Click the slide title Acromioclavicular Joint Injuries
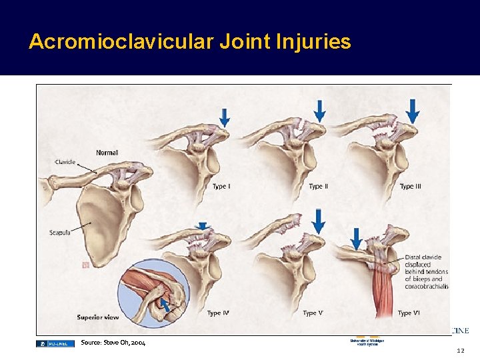pyautogui.click(x=189, y=42)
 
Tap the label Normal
pyautogui.click(x=107, y=153)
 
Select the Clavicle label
pyautogui.click(x=65, y=162)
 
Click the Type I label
pyautogui.click(x=221, y=187)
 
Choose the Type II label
pyautogui.click(x=318, y=187)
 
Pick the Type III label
pyautogui.click(x=410, y=187)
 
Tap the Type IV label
pyautogui.click(x=219, y=313)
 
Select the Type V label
pyautogui.click(x=313, y=313)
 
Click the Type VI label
pyautogui.click(x=409, y=313)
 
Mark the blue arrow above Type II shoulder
pyautogui.click(x=319, y=110)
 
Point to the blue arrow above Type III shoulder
pyautogui.click(x=413, y=111)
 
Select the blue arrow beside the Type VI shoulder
pyautogui.click(x=357, y=238)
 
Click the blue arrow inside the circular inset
pyautogui.click(x=163, y=305)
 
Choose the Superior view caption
pyautogui.click(x=97, y=317)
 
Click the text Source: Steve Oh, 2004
pyautogui.click(x=113, y=343)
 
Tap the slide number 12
pyautogui.click(x=460, y=351)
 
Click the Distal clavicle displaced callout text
pyautogui.click(x=426, y=272)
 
